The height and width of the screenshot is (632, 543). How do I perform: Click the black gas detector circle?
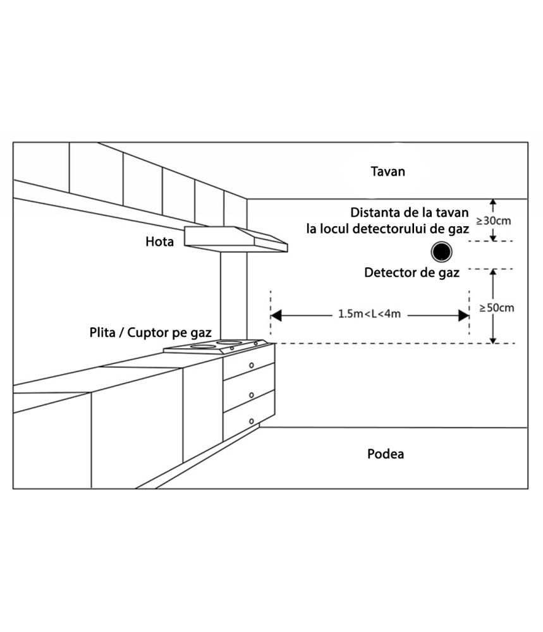[441, 252]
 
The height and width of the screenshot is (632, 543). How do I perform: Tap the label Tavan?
[387, 171]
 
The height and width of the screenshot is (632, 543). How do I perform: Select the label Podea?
[386, 454]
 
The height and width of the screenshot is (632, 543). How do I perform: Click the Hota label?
[160, 241]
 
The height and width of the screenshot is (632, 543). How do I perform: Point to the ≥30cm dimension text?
[494, 221]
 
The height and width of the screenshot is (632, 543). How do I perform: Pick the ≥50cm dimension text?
[497, 308]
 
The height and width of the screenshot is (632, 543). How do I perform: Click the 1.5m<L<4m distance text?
[369, 313]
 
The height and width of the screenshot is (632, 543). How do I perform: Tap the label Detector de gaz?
[412, 273]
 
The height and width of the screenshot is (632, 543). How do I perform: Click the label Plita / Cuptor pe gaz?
[150, 333]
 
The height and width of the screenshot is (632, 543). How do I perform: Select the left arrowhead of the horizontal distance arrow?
[276, 315]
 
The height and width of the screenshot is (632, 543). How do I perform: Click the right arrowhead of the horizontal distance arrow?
[463, 315]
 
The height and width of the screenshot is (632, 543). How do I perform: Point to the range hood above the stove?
[236, 239]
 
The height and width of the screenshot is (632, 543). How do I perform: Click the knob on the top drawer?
[251, 365]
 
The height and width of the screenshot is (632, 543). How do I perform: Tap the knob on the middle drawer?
[251, 396]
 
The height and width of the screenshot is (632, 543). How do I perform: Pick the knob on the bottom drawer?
[251, 422]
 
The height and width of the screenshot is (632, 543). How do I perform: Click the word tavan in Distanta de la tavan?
[453, 212]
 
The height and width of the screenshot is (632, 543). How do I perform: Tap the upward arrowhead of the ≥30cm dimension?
[493, 202]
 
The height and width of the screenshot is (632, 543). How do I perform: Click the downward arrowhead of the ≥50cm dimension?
[493, 340]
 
